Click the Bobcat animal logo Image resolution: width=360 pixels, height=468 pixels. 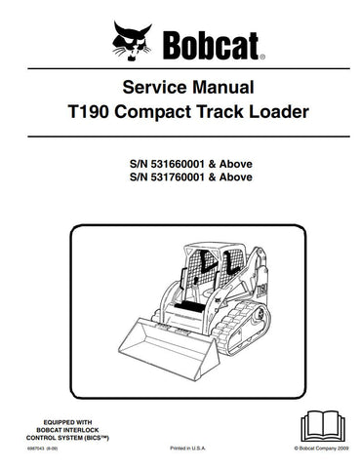click(133, 40)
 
